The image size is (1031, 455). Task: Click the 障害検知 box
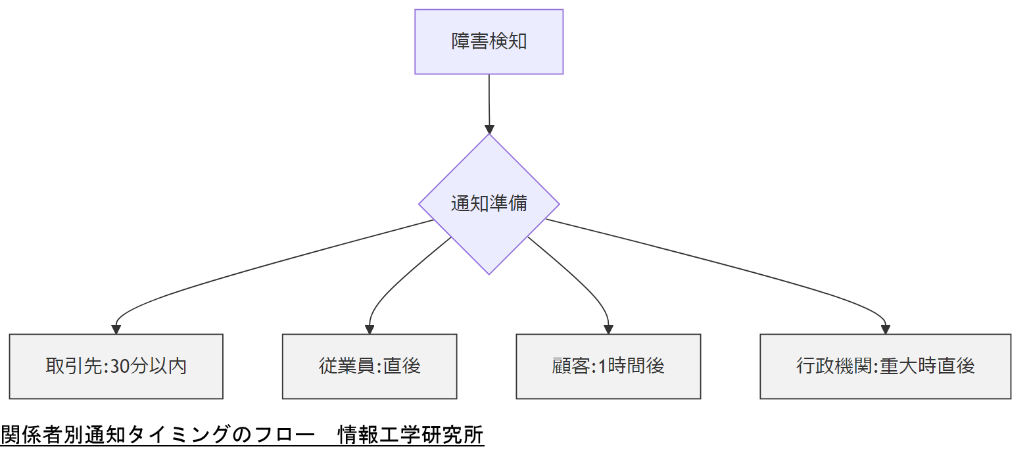[x=489, y=41]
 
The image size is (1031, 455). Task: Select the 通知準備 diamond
[x=489, y=204]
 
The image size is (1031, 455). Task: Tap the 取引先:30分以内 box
[x=116, y=366]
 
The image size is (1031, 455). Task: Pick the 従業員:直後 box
[x=370, y=366]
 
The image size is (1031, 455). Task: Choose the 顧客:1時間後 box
[x=608, y=366]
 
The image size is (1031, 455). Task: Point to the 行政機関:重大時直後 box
[x=885, y=366]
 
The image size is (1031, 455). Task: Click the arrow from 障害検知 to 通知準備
[x=489, y=102]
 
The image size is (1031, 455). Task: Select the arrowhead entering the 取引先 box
[x=116, y=329]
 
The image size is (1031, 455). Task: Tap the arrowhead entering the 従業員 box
[x=370, y=329]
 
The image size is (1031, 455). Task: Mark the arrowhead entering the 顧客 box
[x=608, y=329]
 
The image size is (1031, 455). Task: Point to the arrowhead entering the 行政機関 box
[x=885, y=329]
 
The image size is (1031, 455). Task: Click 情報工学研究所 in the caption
[x=411, y=435]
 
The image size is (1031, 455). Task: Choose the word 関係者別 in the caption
[x=42, y=435]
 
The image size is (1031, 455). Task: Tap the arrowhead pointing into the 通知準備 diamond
[x=489, y=130]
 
